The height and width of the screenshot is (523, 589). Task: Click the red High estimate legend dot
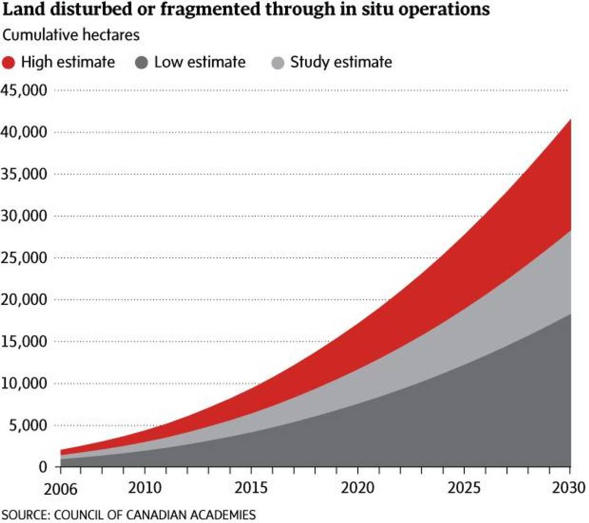10,63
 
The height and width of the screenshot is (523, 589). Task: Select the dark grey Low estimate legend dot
142,63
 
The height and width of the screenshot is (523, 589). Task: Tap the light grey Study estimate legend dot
278,63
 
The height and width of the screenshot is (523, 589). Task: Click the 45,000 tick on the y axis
25,90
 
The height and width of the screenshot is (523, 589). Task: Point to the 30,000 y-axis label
25,216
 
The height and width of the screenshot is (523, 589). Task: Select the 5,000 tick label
29,426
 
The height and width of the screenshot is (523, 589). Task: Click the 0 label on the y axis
43,467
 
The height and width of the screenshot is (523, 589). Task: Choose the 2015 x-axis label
251,487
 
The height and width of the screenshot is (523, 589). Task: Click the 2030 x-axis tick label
570,487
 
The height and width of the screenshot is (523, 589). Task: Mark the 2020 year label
357,487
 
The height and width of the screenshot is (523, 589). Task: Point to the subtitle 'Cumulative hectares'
71,35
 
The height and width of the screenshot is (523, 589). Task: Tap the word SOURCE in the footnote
24,515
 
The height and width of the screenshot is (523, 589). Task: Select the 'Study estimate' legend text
341,63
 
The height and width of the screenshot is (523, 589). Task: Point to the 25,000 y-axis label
25,258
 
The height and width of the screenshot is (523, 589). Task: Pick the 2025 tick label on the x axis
464,487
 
